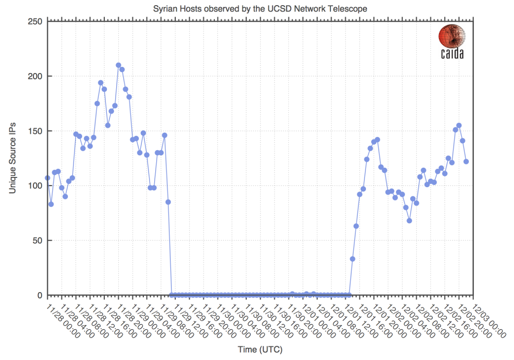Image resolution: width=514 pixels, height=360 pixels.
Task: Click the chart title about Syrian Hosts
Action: point(260,9)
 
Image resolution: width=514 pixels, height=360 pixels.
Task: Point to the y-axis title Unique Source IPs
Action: point(12,158)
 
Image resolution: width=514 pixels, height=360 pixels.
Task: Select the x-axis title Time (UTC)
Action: point(260,350)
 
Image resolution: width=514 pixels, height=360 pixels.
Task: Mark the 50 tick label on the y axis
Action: point(36,241)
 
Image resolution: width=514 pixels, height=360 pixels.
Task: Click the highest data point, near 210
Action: point(118,65)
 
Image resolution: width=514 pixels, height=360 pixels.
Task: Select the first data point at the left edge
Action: point(47,178)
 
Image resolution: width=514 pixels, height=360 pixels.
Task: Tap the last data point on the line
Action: point(466,161)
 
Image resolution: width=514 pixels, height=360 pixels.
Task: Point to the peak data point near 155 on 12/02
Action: point(459,125)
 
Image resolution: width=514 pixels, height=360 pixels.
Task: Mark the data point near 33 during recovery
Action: point(353,259)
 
